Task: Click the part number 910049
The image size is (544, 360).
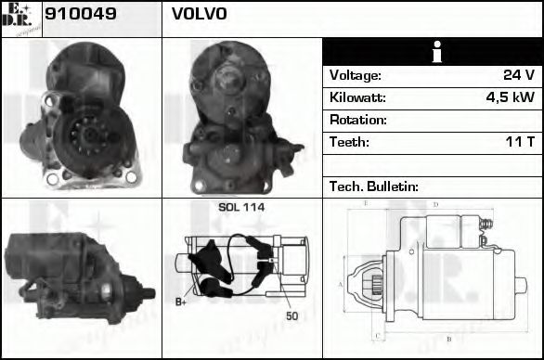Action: [74, 16]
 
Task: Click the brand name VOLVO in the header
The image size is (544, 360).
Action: [198, 16]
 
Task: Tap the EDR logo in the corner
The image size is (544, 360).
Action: [20, 19]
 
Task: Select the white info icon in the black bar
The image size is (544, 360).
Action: [432, 52]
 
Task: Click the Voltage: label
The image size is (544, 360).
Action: [355, 75]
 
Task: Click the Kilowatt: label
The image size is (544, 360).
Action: [357, 97]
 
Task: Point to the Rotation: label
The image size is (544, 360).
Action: [357, 120]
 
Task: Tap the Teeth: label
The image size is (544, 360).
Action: [349, 142]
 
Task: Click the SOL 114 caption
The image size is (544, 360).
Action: [241, 207]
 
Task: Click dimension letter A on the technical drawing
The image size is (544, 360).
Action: [341, 284]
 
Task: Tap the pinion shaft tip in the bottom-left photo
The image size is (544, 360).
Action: [150, 294]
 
